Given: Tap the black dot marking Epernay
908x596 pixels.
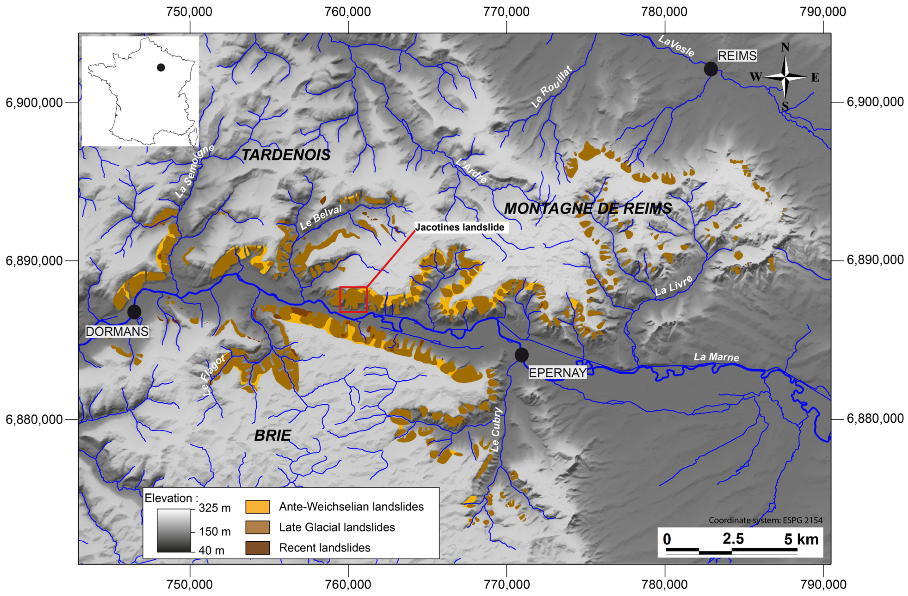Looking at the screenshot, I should [x=521, y=355].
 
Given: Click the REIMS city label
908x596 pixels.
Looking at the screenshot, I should [x=737, y=56].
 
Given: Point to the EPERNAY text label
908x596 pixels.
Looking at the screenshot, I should [x=557, y=373].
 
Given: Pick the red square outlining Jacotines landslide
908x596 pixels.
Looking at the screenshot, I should [x=353, y=299].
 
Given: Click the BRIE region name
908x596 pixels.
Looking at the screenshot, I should [x=272, y=435].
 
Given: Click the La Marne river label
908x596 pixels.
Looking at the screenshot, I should [x=716, y=357].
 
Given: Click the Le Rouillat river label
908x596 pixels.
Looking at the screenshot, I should [x=552, y=87].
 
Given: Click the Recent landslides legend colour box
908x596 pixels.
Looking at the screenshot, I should [x=258, y=547].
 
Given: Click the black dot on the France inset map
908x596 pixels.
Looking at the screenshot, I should [x=161, y=68].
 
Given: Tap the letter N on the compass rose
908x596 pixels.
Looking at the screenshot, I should [x=785, y=47].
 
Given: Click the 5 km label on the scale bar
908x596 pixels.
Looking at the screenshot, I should [x=801, y=539].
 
